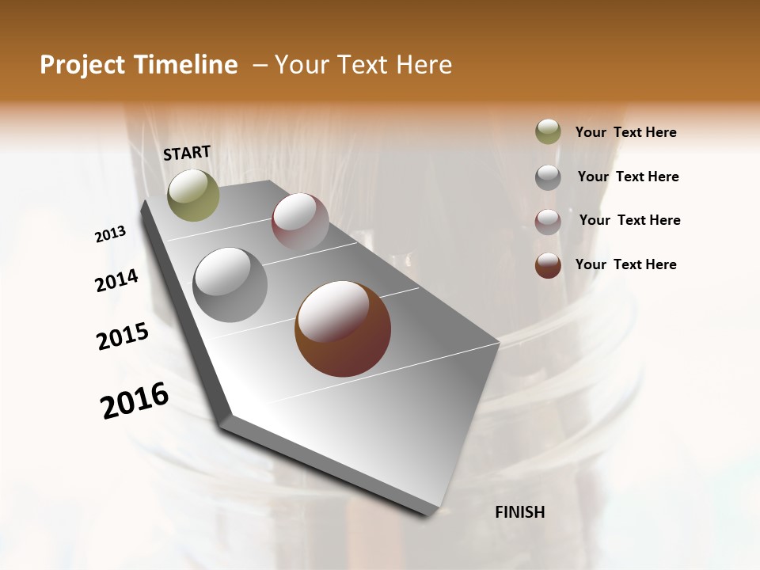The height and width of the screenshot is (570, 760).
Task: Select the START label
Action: (187, 153)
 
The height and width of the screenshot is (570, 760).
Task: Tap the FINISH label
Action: (519, 512)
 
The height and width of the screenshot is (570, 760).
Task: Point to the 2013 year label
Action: (110, 234)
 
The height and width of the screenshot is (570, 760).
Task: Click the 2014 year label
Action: (116, 281)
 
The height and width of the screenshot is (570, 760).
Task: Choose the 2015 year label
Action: (122, 336)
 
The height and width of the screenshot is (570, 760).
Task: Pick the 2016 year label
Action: (135, 401)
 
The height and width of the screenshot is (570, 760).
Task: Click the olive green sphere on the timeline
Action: (193, 195)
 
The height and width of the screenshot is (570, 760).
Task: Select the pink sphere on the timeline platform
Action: (300, 222)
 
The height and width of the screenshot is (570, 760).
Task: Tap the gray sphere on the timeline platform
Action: (230, 285)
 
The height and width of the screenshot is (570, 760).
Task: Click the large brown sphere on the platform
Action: (343, 329)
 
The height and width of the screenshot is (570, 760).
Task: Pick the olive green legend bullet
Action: (548, 132)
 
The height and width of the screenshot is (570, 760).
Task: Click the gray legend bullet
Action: (548, 177)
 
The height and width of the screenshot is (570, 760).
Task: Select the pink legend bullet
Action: (548, 222)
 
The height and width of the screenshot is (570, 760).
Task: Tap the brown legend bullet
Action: (548, 265)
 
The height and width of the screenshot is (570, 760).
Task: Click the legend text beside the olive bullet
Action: (625, 133)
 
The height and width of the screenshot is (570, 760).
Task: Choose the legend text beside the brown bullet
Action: (625, 264)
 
